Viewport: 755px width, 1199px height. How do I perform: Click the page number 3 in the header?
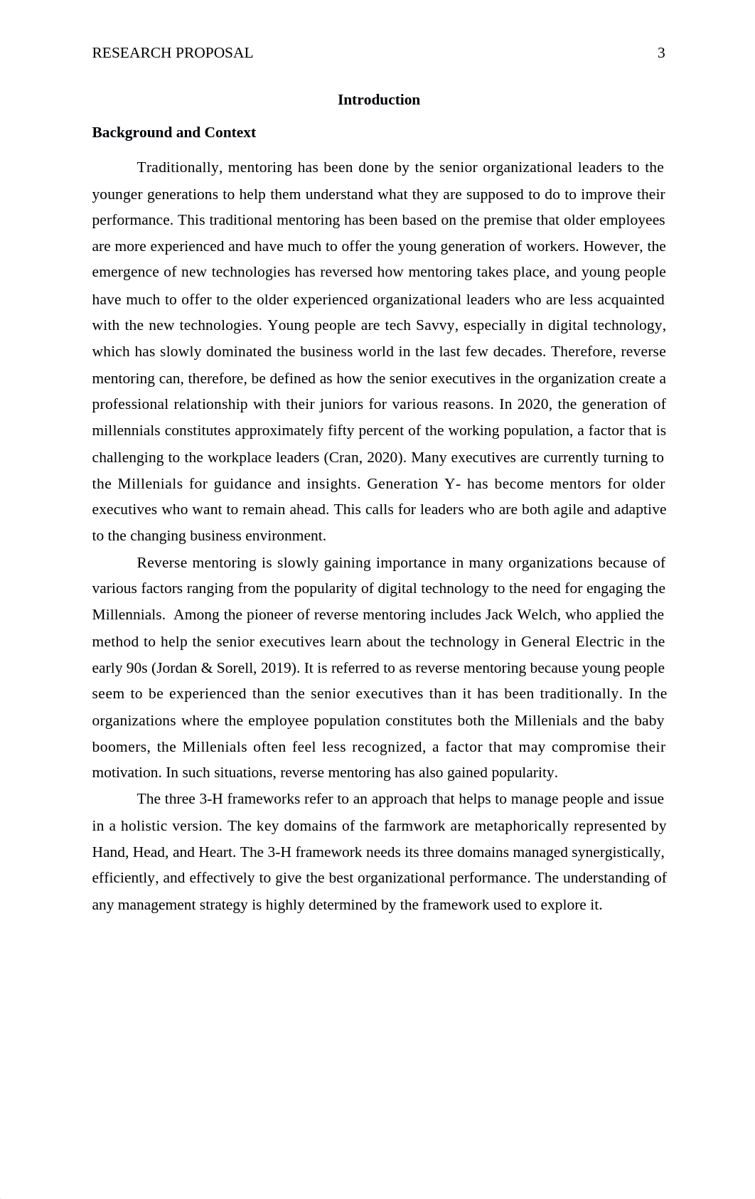tap(661, 53)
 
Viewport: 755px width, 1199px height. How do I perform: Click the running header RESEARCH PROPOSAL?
tap(173, 53)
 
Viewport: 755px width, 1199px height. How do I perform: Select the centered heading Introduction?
tap(378, 100)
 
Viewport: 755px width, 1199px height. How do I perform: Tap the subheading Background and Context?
tap(173, 133)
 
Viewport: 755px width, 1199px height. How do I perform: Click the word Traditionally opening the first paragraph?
tap(178, 168)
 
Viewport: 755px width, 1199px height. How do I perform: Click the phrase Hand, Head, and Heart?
tap(164, 853)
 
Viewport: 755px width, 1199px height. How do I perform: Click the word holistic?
tap(147, 826)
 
